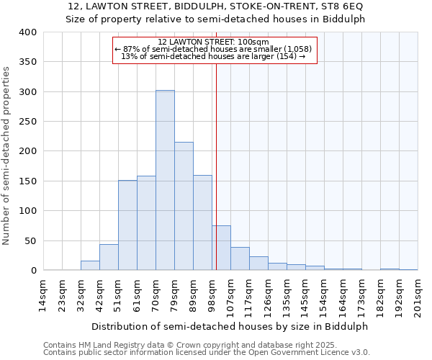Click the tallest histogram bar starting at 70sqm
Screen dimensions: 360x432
(x=165, y=180)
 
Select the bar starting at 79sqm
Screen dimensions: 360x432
(x=184, y=206)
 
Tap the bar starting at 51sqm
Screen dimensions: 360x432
(x=127, y=225)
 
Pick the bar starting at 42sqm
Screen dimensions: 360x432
(x=109, y=257)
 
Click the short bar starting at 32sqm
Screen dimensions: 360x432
(x=90, y=266)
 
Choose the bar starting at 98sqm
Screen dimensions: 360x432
(x=221, y=248)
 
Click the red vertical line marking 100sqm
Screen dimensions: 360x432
(x=216, y=166)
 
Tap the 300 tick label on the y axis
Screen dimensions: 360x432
(x=27, y=91)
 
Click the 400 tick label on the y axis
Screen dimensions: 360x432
(x=27, y=32)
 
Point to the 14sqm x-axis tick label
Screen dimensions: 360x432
(x=43, y=292)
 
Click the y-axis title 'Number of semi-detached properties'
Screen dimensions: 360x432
(x=6, y=155)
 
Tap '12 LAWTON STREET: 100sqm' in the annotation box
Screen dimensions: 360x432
(x=213, y=42)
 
